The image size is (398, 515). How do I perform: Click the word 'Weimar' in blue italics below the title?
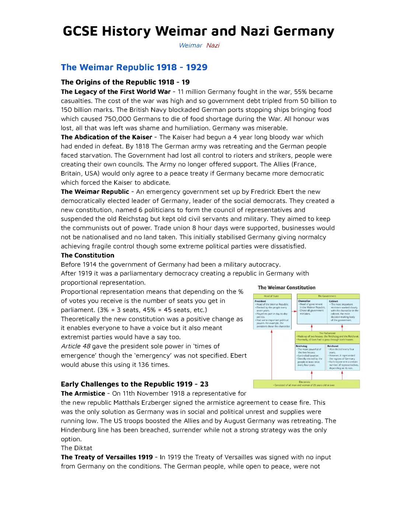pos(190,45)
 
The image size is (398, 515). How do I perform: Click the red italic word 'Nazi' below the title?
pos(213,45)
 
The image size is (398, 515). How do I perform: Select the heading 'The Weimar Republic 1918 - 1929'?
pos(134,67)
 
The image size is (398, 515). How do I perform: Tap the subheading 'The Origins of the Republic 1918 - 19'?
pos(125,82)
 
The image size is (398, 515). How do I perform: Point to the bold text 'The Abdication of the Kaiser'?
pos(107,137)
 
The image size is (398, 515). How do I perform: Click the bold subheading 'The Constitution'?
pos(87,255)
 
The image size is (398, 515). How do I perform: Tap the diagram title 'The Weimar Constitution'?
pos(286,288)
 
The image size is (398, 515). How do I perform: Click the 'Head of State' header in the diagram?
pos(272,296)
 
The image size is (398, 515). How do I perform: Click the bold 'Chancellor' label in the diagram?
pos(304,301)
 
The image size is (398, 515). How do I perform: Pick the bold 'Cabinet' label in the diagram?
pos(333,301)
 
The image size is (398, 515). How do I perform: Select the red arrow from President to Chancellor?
pos(294,312)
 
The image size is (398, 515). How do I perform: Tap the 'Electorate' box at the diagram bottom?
pos(306,383)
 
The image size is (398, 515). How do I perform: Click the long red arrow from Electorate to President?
pos(272,354)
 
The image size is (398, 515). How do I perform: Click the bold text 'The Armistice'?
pos(83,393)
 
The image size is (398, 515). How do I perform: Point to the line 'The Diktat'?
pos(76,448)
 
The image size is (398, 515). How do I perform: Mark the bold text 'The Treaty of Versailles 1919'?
pos(107,457)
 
